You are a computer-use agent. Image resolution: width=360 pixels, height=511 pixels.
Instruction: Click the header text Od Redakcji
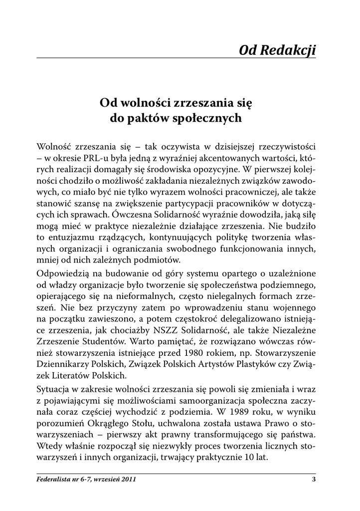point(277,50)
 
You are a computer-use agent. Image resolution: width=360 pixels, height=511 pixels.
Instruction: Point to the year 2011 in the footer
point(128,480)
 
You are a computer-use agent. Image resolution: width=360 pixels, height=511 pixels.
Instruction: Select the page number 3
point(314,480)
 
